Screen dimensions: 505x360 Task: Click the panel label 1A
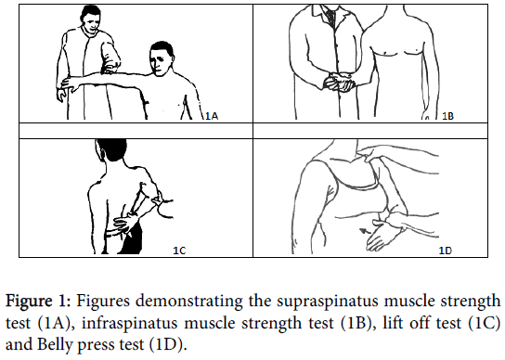pos(212,116)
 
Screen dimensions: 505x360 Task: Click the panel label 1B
pos(447,116)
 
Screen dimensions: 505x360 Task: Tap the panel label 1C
pos(179,251)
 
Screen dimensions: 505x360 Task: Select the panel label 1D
pos(446,251)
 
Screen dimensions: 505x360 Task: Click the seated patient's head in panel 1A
pos(162,59)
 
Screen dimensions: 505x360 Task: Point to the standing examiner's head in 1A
pos(92,19)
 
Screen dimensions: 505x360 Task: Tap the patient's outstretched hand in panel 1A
pos(68,84)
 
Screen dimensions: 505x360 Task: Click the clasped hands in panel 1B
pos(338,82)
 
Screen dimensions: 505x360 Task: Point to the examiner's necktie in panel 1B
pos(330,17)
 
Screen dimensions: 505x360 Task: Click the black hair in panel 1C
pos(111,148)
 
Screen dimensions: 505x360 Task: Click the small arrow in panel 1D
pos(365,231)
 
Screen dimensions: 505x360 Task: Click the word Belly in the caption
pos(56,344)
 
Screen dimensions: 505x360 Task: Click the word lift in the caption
pos(392,323)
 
